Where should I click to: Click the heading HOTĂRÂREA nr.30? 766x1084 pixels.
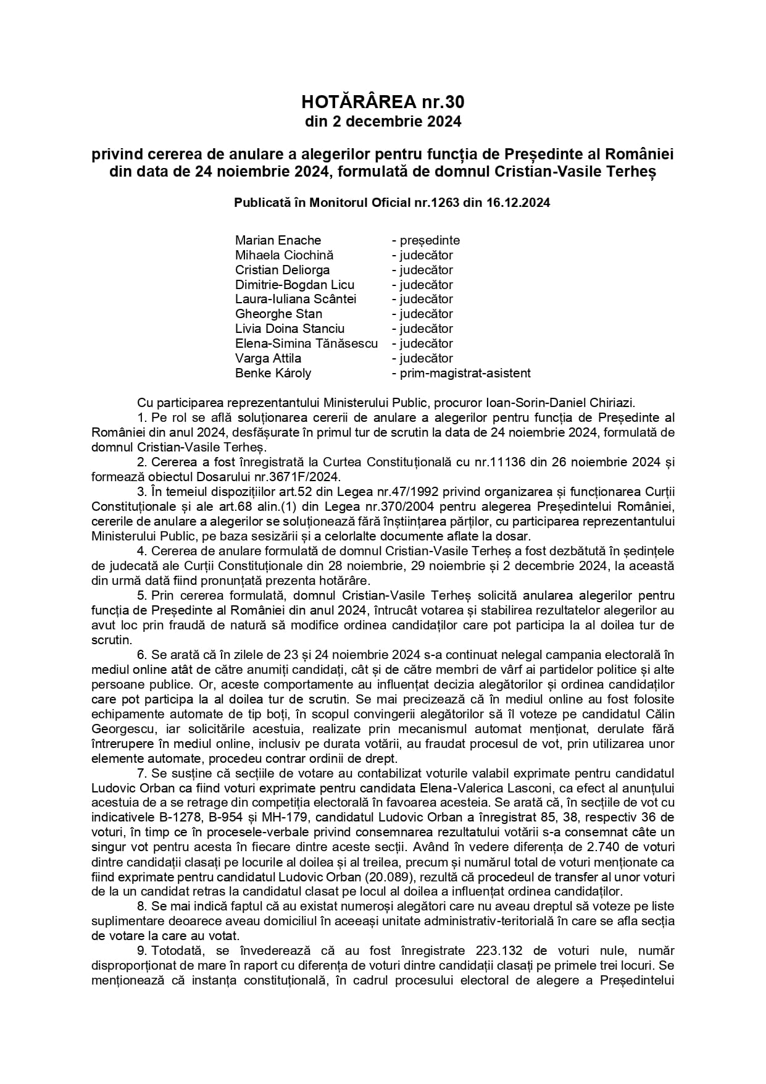(383, 101)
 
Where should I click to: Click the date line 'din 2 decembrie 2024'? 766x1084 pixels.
(383, 122)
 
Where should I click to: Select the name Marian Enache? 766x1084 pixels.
(278, 240)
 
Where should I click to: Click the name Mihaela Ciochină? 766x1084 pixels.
(284, 255)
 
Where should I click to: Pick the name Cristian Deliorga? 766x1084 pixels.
(282, 270)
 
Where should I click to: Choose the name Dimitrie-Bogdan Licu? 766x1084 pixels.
(294, 285)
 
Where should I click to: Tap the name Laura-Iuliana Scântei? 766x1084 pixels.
(296, 299)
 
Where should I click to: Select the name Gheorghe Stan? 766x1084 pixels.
(278, 314)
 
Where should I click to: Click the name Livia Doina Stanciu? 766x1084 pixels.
(289, 329)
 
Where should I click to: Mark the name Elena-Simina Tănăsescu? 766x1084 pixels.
(306, 343)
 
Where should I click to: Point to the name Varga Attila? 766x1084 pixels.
(268, 358)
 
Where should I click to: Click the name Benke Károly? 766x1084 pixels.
(273, 373)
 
